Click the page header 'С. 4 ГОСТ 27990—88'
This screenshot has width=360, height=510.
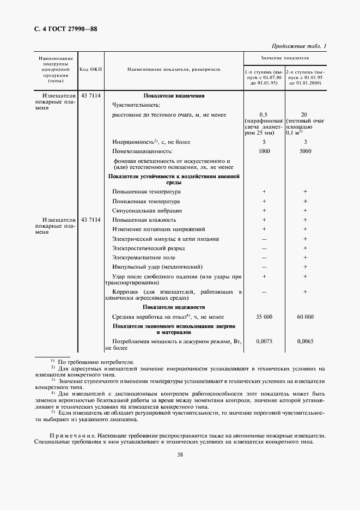pyautogui.click(x=63, y=29)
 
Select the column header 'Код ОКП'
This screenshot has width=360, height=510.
pyautogui.click(x=90, y=70)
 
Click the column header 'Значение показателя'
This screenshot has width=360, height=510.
pyautogui.click(x=284, y=57)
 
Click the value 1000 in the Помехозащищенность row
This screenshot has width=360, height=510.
pyautogui.click(x=264, y=151)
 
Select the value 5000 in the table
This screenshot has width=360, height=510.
pyautogui.click(x=305, y=151)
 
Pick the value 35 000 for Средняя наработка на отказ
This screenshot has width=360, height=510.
pyautogui.click(x=264, y=317)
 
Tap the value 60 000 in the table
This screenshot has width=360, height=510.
pyautogui.click(x=305, y=317)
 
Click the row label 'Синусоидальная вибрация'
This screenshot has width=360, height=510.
pyautogui.click(x=147, y=210)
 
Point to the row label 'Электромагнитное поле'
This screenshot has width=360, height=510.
pyautogui.click(x=144, y=257)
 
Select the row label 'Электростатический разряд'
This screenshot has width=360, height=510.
pyautogui.click(x=148, y=248)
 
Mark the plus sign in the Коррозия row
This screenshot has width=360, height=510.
pyautogui.click(x=305, y=292)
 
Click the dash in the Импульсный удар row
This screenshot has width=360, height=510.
pyautogui.click(x=264, y=267)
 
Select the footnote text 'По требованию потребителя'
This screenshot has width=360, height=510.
pyautogui.click(x=96, y=362)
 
